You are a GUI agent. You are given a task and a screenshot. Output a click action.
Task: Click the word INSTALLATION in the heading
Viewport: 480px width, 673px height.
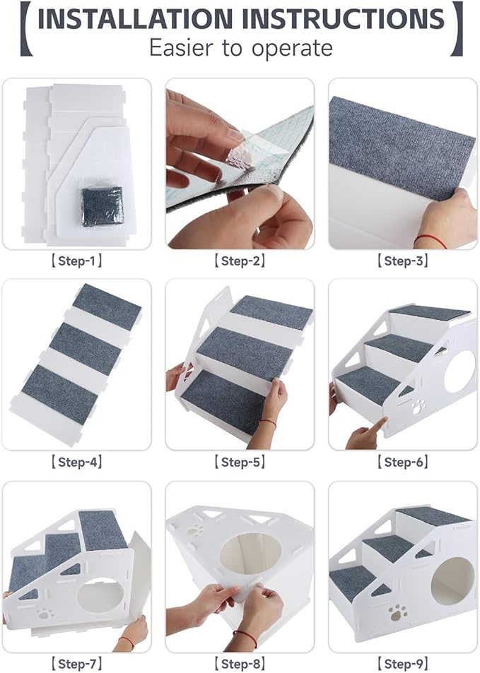(x=134, y=19)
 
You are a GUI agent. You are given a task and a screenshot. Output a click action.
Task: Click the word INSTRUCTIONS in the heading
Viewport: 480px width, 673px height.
(x=344, y=19)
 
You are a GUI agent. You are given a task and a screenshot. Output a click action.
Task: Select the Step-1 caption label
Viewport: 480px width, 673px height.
(x=76, y=261)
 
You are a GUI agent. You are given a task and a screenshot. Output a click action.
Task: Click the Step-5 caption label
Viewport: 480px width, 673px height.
(x=240, y=462)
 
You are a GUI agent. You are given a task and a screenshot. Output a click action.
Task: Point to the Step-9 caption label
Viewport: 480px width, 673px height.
(x=402, y=663)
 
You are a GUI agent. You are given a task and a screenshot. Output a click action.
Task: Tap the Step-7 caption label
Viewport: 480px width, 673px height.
(x=76, y=663)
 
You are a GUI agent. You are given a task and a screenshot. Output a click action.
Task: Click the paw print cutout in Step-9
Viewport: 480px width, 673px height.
(x=397, y=610)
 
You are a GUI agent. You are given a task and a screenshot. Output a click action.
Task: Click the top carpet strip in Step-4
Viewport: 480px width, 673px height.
(x=107, y=305)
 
